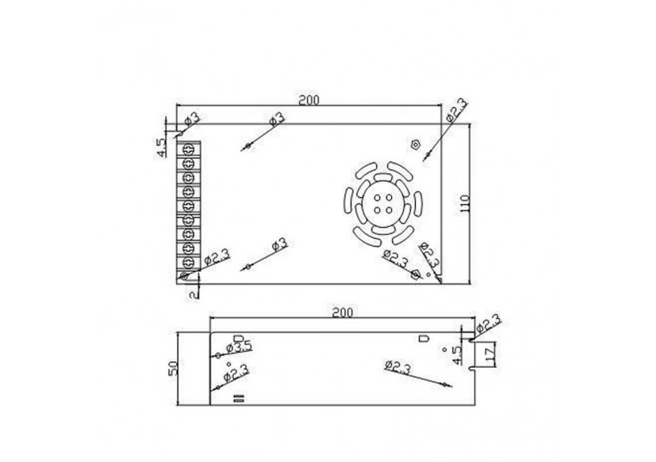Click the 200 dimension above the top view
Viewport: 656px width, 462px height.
pyautogui.click(x=308, y=100)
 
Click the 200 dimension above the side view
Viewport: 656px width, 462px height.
pyautogui.click(x=341, y=313)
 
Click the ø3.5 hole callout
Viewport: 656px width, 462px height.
pyautogui.click(x=240, y=346)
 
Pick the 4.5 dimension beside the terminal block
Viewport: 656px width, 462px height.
pyautogui.click(x=160, y=146)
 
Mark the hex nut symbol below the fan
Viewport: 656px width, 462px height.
pyautogui.click(x=417, y=274)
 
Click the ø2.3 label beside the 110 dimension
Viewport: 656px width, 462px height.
pyautogui.click(x=456, y=109)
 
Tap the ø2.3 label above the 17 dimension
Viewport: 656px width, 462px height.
pyautogui.click(x=491, y=324)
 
